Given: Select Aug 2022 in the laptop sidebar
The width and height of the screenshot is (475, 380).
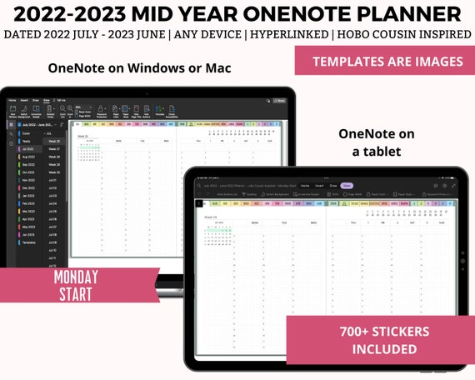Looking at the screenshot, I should click(29, 157).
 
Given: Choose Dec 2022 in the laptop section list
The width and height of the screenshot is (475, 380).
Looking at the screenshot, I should click(29, 187).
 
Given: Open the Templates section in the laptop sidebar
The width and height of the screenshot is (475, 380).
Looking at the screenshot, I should click(29, 242).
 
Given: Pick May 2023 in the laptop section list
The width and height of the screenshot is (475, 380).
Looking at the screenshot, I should click(29, 226).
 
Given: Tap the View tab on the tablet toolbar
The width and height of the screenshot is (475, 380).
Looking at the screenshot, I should click(346, 186).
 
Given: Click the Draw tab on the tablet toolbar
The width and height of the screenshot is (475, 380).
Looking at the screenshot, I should click(332, 186).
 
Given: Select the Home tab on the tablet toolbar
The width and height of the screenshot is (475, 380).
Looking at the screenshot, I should click(304, 186).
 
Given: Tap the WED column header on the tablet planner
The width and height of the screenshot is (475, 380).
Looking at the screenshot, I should click(312, 222).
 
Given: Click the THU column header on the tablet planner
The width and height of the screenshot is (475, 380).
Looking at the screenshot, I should click(353, 222).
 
